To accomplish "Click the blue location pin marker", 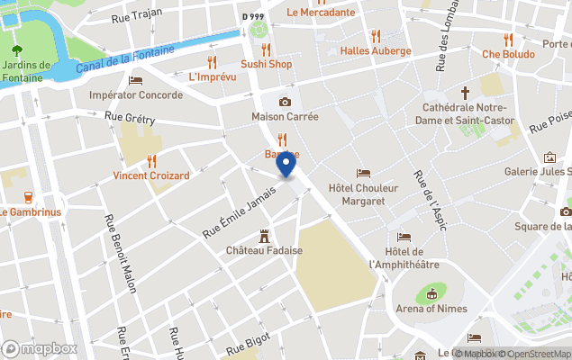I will (286, 166).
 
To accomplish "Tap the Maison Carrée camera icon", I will (285, 102).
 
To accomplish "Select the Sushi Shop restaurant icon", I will (266, 49).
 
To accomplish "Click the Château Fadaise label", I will (264, 249).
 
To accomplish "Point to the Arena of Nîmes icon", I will (431, 293).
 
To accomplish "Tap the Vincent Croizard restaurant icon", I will (151, 160).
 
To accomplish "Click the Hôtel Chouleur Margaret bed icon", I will (363, 173).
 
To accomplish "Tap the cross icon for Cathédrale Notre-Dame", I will (466, 93).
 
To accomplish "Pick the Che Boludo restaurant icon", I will (508, 39).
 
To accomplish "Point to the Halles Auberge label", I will (376, 51).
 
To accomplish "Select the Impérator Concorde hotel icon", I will (136, 79).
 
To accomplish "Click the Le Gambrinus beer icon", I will (28, 197).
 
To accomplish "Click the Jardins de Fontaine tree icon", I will (17, 48).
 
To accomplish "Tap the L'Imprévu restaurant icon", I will (213, 62).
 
